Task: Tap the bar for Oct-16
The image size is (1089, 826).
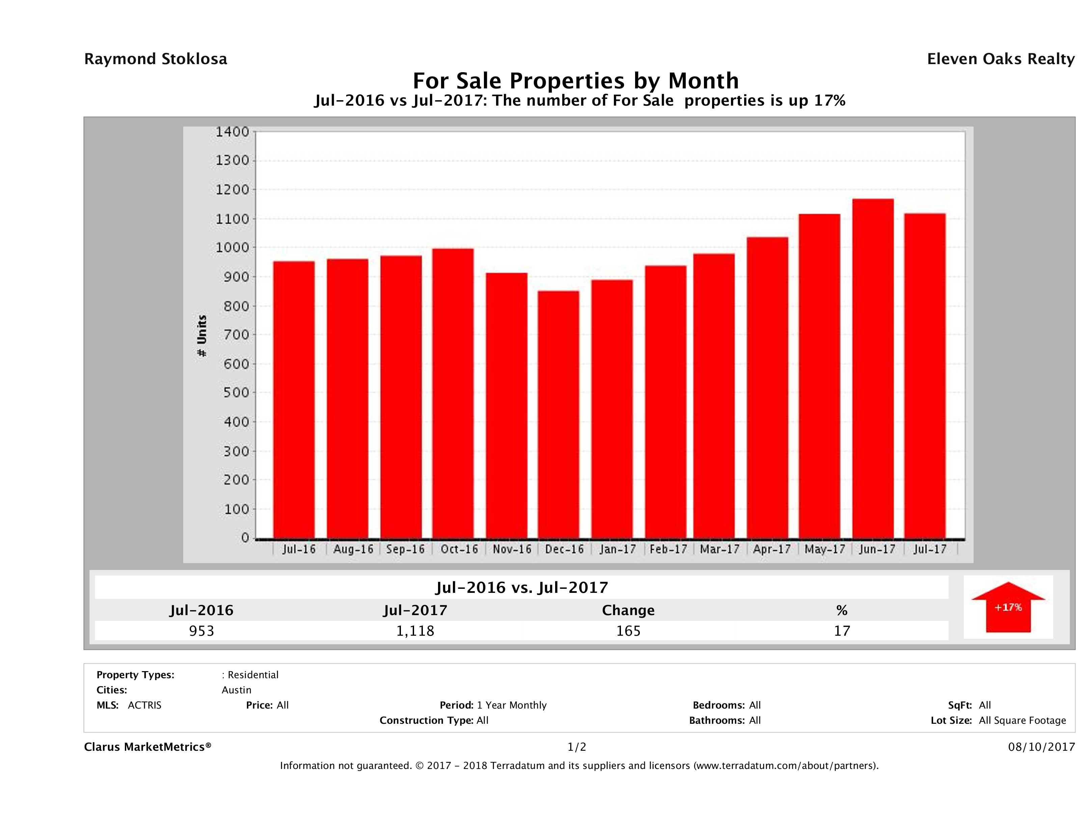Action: click(x=453, y=393)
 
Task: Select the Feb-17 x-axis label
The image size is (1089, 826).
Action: click(x=668, y=549)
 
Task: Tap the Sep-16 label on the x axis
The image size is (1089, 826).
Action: click(x=405, y=549)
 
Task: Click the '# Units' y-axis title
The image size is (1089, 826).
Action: click(x=202, y=336)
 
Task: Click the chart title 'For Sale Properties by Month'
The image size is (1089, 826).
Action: click(x=575, y=81)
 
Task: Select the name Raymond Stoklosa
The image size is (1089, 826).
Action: click(x=156, y=59)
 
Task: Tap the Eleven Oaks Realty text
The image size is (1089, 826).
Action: click(x=1000, y=59)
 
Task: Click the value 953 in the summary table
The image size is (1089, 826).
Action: click(x=201, y=631)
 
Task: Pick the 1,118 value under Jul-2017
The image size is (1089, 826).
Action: click(x=415, y=631)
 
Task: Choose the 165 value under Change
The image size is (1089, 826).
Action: click(x=628, y=631)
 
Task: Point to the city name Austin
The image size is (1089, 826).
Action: click(x=236, y=690)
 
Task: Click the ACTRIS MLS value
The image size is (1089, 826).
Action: click(x=144, y=706)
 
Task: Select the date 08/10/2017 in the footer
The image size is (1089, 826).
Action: click(x=1041, y=747)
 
